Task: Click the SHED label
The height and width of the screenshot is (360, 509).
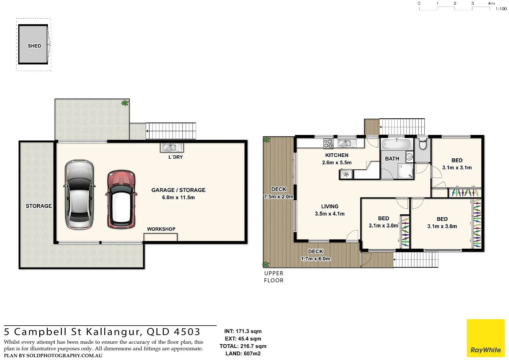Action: click(34, 46)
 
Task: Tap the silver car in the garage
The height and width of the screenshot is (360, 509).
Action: click(79, 194)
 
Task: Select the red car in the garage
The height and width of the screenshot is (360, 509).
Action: click(121, 199)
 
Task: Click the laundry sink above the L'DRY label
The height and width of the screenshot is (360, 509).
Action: click(172, 147)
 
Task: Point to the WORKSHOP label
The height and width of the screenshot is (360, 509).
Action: click(161, 229)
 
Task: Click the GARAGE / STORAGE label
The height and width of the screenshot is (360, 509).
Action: click(178, 190)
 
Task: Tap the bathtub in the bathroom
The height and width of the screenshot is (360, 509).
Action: click(396, 144)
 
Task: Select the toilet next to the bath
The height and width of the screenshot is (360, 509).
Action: click(423, 144)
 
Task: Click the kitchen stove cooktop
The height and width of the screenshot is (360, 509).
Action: click(328, 144)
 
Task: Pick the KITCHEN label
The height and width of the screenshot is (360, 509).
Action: click(337, 155)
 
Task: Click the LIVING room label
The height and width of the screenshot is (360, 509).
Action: click(330, 207)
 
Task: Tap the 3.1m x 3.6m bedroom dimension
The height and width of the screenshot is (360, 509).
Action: click(442, 226)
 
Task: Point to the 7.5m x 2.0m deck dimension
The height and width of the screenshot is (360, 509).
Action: click(278, 197)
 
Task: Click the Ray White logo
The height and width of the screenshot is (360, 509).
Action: click(486, 338)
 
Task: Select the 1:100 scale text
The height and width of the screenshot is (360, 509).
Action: click(501, 9)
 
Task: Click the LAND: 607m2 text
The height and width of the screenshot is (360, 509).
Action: click(243, 353)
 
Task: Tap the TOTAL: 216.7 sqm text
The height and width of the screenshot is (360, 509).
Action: click(243, 346)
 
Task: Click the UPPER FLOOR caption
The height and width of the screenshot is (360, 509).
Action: click(274, 277)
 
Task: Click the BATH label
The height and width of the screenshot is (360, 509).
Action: click(392, 159)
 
